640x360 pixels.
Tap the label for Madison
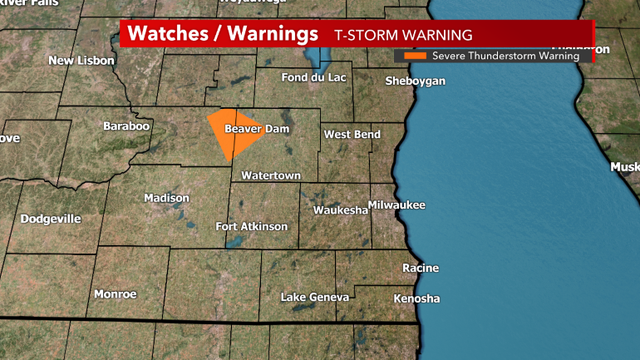(x=166, y=198)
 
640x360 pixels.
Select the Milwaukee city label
(x=396, y=205)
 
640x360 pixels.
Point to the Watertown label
(x=271, y=175)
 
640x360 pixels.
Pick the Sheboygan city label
(x=415, y=81)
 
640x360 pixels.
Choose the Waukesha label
(x=340, y=211)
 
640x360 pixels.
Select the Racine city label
(x=420, y=269)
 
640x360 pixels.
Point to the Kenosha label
(x=417, y=299)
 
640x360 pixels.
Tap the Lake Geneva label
(x=315, y=298)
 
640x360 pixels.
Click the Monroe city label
(x=115, y=294)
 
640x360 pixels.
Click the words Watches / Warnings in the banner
(x=216, y=34)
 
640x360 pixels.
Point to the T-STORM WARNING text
(x=390, y=35)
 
